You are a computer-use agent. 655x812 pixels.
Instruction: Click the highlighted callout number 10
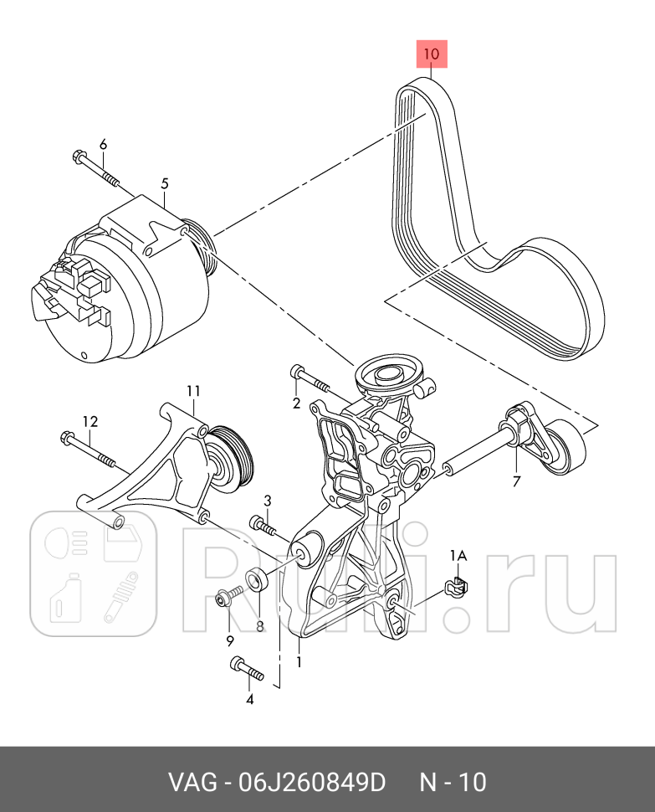tap(431, 54)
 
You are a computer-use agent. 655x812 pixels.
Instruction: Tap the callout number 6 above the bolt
tap(103, 145)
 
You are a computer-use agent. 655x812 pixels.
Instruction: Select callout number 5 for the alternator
tap(165, 182)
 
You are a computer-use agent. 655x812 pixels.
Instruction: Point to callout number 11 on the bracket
tap(193, 391)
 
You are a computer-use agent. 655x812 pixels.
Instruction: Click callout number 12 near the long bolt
tap(90, 421)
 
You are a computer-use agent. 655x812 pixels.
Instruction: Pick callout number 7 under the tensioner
tap(516, 481)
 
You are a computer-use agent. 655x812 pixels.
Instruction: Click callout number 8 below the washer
tap(259, 624)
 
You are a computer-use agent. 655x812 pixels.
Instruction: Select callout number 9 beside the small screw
tap(229, 641)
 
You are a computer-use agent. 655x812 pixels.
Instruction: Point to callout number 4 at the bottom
tap(248, 700)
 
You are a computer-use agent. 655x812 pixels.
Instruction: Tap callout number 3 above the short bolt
tap(268, 501)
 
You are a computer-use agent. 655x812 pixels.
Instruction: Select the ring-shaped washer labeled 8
tap(255, 580)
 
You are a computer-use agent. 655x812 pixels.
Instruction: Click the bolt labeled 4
tap(245, 669)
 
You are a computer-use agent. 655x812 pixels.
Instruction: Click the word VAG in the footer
tap(190, 783)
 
